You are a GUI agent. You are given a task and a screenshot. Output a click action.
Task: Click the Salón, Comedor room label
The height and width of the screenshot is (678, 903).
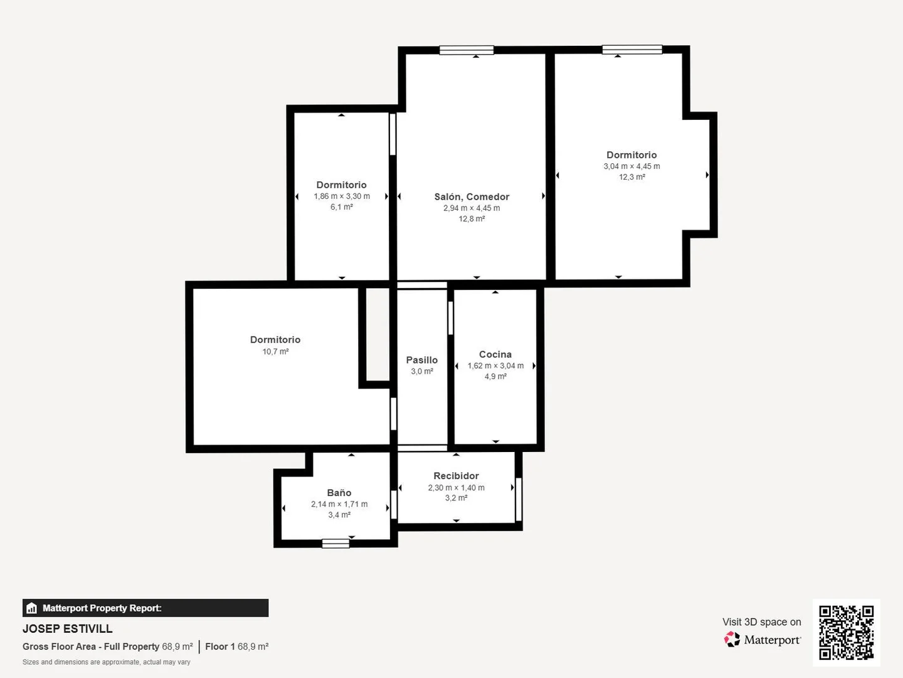(472, 196)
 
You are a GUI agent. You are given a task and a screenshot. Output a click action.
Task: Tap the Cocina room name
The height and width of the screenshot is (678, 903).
(495, 355)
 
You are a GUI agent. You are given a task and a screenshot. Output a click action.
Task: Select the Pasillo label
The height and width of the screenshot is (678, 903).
(421, 360)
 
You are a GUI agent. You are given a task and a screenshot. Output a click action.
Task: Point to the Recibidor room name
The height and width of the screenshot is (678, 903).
(456, 476)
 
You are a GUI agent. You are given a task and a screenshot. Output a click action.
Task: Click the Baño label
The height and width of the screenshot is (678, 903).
(339, 493)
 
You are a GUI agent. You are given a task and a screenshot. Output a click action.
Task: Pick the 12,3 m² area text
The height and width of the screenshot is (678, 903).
(632, 177)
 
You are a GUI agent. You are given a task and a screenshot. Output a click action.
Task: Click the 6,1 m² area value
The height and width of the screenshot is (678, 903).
(342, 207)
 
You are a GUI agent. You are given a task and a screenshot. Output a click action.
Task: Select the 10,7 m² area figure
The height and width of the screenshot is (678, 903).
(275, 352)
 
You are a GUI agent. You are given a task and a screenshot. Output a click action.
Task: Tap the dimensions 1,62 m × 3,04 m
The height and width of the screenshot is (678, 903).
(495, 365)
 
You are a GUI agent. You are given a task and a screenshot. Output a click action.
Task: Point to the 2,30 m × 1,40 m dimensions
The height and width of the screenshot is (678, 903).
(456, 488)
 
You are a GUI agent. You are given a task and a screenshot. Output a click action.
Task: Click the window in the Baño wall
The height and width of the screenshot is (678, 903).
(335, 544)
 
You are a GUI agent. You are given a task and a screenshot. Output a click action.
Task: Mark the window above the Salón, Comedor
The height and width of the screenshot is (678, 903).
(467, 50)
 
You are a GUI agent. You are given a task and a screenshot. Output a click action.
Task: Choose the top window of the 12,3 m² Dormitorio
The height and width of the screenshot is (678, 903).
(632, 50)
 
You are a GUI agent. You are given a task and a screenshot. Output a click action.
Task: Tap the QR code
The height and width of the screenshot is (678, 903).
(846, 632)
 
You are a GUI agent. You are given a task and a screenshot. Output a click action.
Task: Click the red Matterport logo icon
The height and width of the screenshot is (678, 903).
(731, 639)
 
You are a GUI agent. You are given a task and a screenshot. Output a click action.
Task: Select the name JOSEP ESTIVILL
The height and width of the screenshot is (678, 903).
(68, 628)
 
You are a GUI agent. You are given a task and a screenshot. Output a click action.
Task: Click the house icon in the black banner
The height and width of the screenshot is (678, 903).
(32, 608)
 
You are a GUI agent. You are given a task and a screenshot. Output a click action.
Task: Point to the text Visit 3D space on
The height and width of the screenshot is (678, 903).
(761, 622)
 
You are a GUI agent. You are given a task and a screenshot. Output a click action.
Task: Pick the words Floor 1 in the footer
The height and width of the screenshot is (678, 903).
(219, 647)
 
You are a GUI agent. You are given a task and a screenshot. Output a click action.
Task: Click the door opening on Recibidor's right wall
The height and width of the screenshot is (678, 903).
(519, 499)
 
